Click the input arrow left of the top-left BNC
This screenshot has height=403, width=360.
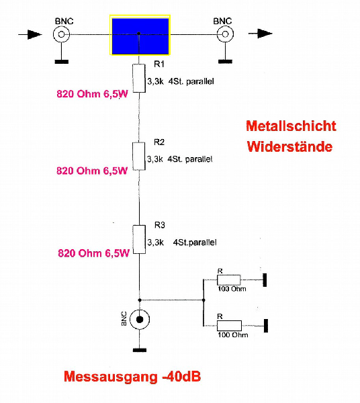(30, 34)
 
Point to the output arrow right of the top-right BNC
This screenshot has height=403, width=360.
(261, 34)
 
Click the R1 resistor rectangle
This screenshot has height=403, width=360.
(139, 79)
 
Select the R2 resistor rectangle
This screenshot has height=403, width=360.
(139, 156)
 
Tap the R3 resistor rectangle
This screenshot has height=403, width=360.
(139, 240)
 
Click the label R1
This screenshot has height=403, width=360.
(159, 64)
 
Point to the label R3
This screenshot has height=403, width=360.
(160, 225)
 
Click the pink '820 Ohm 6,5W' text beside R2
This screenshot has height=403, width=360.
(92, 171)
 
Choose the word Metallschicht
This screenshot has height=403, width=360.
(291, 126)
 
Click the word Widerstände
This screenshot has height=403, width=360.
(289, 146)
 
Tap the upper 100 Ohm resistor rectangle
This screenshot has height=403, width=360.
(228, 280)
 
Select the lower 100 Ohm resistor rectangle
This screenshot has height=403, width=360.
(229, 326)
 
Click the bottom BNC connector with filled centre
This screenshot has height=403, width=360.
(140, 320)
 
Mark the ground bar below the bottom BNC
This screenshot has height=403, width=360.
(140, 350)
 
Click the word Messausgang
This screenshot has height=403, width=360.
(111, 377)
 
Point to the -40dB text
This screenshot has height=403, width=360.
(181, 377)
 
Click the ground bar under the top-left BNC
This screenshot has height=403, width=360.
(62, 62)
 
